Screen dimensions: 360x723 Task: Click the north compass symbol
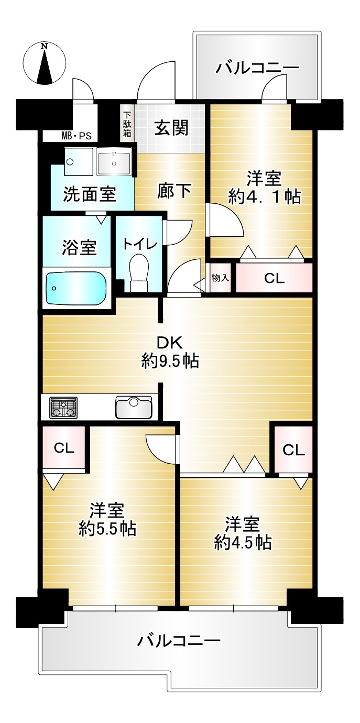click(45, 64)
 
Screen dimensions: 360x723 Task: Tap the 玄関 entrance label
click(171, 128)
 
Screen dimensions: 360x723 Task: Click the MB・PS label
click(77, 136)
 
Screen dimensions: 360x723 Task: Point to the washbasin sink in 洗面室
click(114, 163)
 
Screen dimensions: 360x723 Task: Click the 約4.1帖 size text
click(265, 196)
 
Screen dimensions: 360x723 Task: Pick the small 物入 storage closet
click(221, 278)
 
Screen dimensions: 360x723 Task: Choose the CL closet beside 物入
click(274, 278)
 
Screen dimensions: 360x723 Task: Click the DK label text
click(170, 343)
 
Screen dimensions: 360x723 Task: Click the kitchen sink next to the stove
click(134, 407)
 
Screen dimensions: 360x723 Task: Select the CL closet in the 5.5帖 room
click(64, 448)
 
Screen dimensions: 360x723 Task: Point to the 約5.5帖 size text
click(107, 529)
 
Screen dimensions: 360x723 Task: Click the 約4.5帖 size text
click(243, 543)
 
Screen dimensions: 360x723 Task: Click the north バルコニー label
click(257, 68)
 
